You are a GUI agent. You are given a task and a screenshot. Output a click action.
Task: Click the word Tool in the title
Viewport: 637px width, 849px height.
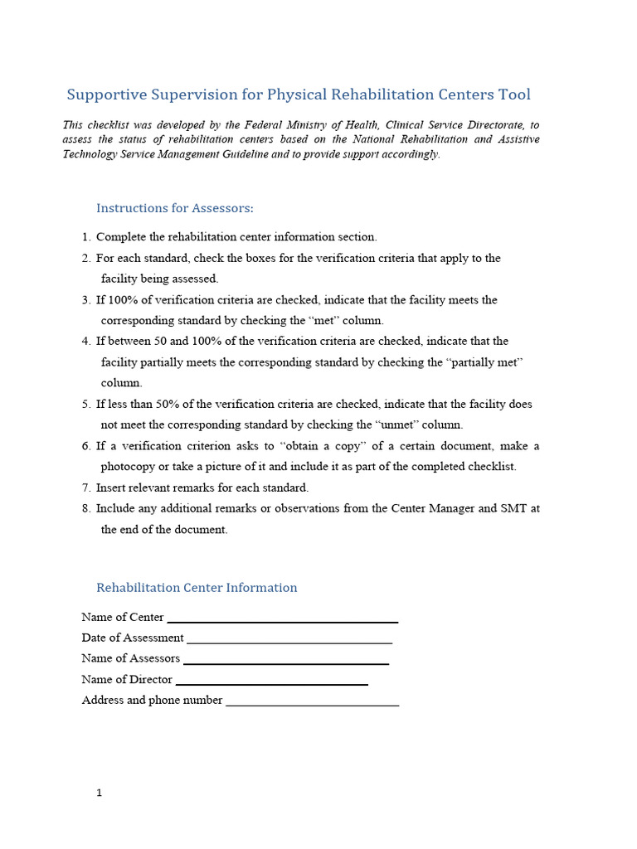(514, 95)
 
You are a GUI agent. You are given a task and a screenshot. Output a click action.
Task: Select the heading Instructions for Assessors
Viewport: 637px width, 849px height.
(175, 208)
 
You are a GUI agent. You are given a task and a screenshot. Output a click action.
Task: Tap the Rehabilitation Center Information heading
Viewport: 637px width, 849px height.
(197, 588)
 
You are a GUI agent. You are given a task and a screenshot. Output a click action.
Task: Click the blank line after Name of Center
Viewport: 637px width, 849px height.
(282, 619)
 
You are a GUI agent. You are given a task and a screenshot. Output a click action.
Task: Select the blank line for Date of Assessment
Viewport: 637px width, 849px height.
(289, 640)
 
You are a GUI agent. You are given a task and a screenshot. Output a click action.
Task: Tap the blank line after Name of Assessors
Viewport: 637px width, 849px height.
(285, 661)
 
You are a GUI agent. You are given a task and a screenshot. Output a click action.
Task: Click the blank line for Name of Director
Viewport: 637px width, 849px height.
(271, 682)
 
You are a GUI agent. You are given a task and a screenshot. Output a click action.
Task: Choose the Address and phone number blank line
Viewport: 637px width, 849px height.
(312, 702)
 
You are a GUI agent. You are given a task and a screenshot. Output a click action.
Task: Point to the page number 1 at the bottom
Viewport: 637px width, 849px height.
(100, 793)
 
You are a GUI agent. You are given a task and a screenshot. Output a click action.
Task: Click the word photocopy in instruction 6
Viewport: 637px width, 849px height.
(129, 467)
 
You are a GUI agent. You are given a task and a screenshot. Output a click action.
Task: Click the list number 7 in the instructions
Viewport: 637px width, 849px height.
(86, 488)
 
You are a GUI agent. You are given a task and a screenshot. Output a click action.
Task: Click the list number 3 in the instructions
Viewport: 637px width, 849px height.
(86, 300)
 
